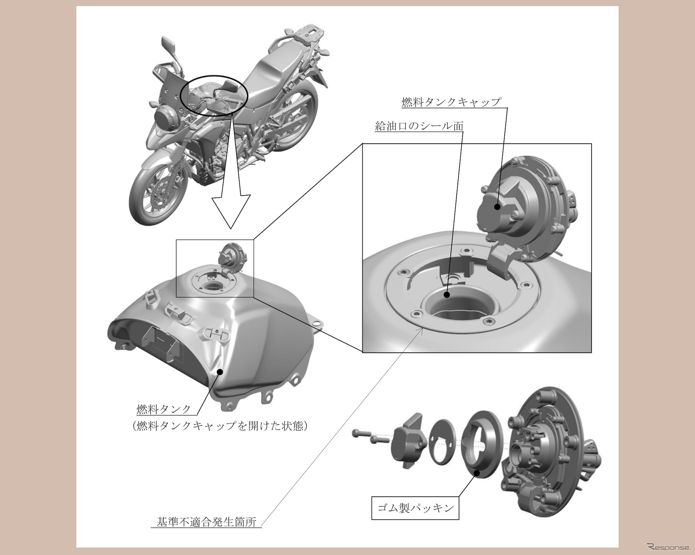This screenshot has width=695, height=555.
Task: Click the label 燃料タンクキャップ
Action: coord(451,102)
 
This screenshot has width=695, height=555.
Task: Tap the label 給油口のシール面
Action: coord(419,126)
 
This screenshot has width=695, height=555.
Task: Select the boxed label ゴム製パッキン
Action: coord(415,508)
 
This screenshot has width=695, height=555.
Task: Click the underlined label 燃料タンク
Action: coord(164,409)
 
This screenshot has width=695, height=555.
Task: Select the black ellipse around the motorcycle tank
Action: coord(214,94)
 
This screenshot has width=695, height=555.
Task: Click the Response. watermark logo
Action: coord(669,546)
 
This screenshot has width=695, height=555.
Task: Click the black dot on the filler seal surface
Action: coord(447,295)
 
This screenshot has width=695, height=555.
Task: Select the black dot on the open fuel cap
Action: coord(497,207)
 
